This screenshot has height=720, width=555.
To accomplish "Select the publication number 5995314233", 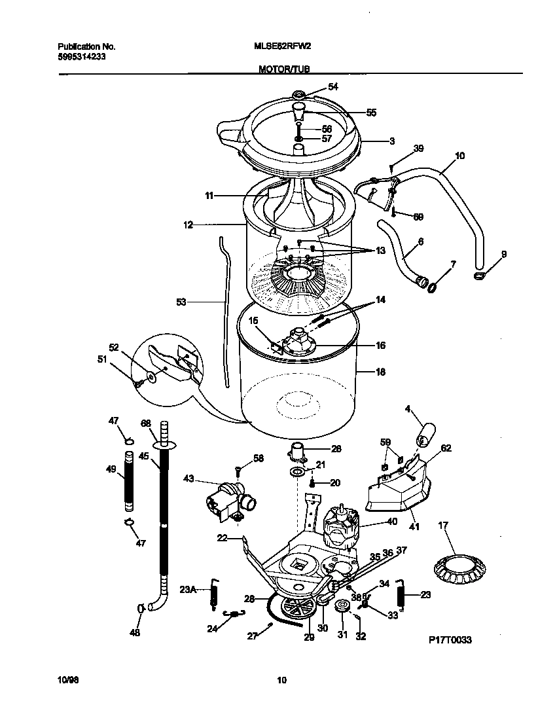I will pyautogui.click(x=82, y=57).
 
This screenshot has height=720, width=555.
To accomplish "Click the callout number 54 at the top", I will pyautogui.click(x=333, y=86).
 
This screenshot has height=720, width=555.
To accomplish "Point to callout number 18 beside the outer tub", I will pyautogui.click(x=380, y=372).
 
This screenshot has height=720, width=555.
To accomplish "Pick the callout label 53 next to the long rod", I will pyautogui.click(x=181, y=302).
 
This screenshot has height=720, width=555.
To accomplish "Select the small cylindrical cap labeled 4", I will pyautogui.click(x=426, y=433).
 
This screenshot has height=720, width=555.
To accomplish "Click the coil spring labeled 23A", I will pyautogui.click(x=213, y=593).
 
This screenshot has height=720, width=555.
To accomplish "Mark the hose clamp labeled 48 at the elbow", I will pyautogui.click(x=141, y=609).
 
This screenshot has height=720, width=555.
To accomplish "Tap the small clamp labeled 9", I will pyautogui.click(x=481, y=276).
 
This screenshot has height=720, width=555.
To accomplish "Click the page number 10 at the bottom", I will pyautogui.click(x=281, y=680).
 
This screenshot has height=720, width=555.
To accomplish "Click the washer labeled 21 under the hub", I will pyautogui.click(x=297, y=472).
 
